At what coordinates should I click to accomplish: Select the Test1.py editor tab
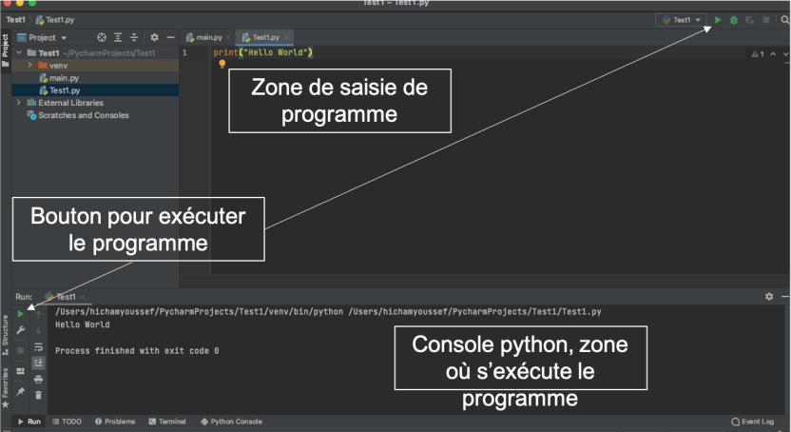click(266, 37)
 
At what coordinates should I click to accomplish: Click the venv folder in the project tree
click(58, 65)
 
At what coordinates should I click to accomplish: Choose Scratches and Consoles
click(83, 115)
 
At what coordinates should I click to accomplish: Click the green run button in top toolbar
click(718, 19)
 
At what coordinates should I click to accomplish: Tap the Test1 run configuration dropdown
click(681, 19)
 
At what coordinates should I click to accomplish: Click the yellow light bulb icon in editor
click(222, 64)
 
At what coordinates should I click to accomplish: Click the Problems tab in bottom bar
click(115, 422)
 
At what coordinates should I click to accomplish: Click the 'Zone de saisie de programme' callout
click(338, 100)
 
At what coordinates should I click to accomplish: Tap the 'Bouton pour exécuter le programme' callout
click(138, 228)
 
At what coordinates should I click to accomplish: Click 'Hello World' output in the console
click(83, 324)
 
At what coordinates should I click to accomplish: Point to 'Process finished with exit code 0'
click(137, 351)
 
